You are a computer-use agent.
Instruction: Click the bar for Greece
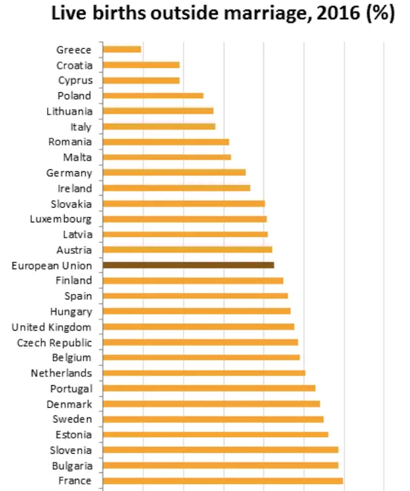click(122, 49)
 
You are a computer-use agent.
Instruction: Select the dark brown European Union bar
click(188, 265)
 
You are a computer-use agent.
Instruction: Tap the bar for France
click(222, 481)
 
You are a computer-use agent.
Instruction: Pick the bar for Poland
click(153, 96)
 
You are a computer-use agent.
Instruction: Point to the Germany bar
click(174, 172)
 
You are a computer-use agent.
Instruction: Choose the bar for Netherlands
click(204, 372)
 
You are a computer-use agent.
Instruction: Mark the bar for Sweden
click(213, 419)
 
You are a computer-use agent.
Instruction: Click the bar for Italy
click(159, 126)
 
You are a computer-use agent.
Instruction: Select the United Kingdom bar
click(199, 326)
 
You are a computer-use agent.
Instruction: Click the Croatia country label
click(74, 65)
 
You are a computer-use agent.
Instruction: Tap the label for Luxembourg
click(61, 219)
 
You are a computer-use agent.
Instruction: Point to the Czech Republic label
click(54, 342)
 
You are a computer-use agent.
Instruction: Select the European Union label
click(52, 265)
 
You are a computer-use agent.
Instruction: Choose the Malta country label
click(78, 157)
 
